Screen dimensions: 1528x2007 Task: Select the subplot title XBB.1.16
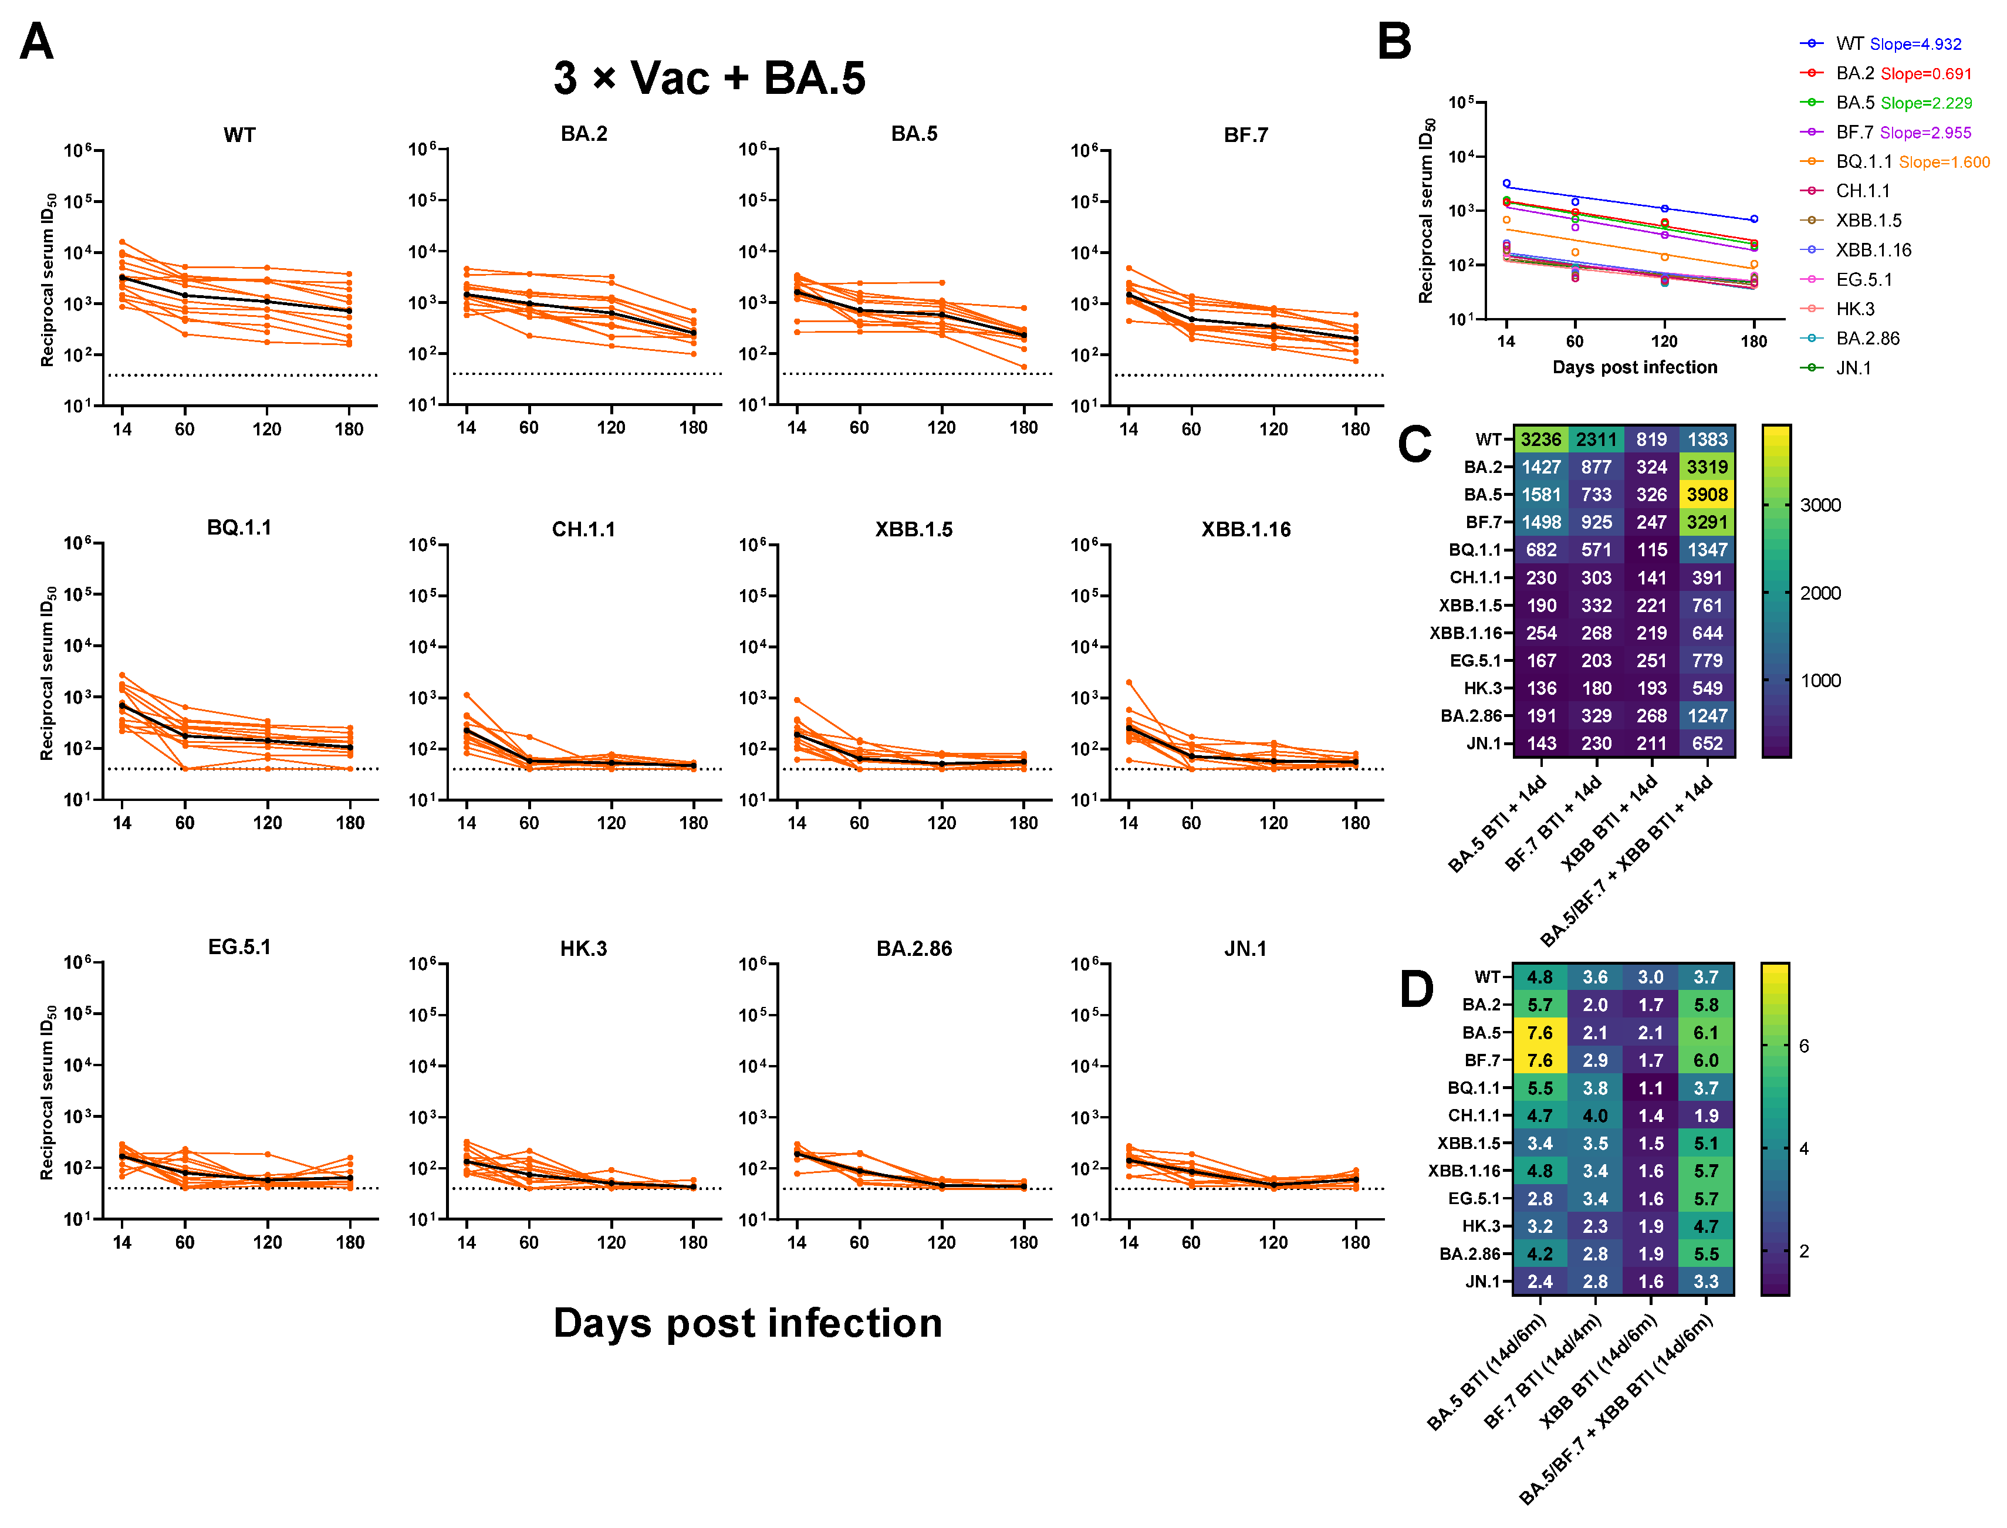pos(1244,529)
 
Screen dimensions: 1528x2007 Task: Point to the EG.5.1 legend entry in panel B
pos(1863,280)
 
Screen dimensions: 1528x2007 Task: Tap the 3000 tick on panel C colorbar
pos(1820,506)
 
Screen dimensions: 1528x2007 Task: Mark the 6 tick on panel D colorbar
pos(1803,1046)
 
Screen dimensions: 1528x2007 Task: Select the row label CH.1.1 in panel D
pos(1473,1115)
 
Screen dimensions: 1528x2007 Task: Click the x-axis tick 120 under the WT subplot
pos(266,430)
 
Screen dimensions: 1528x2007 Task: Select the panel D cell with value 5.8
pos(1705,1005)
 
